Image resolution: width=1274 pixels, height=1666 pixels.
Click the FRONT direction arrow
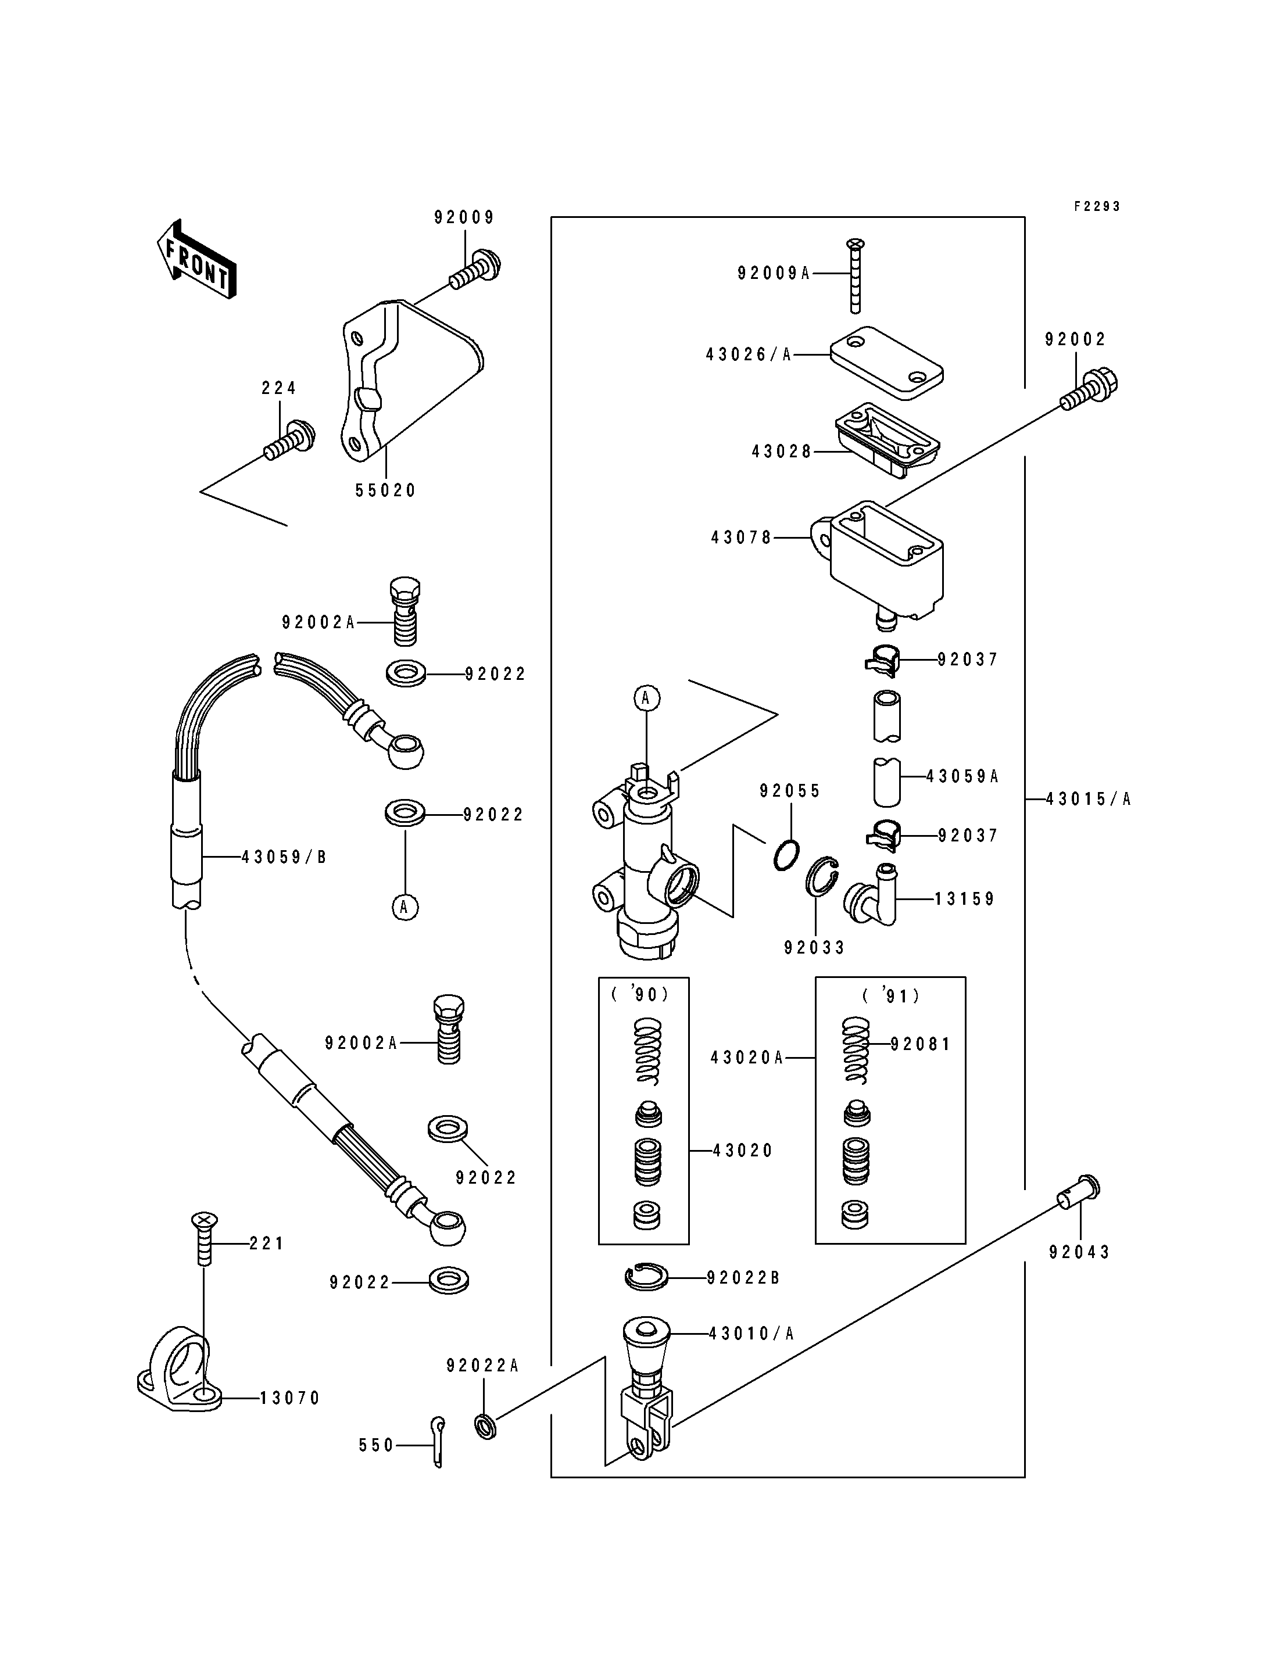tap(196, 259)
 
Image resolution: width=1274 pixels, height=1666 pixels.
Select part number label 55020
tap(386, 490)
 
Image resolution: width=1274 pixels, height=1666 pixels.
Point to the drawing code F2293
tap(1097, 206)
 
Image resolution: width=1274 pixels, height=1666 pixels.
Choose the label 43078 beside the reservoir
tap(741, 538)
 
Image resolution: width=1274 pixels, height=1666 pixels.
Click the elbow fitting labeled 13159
tap(871, 897)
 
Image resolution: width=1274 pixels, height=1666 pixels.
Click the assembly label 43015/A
tap(1088, 798)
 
